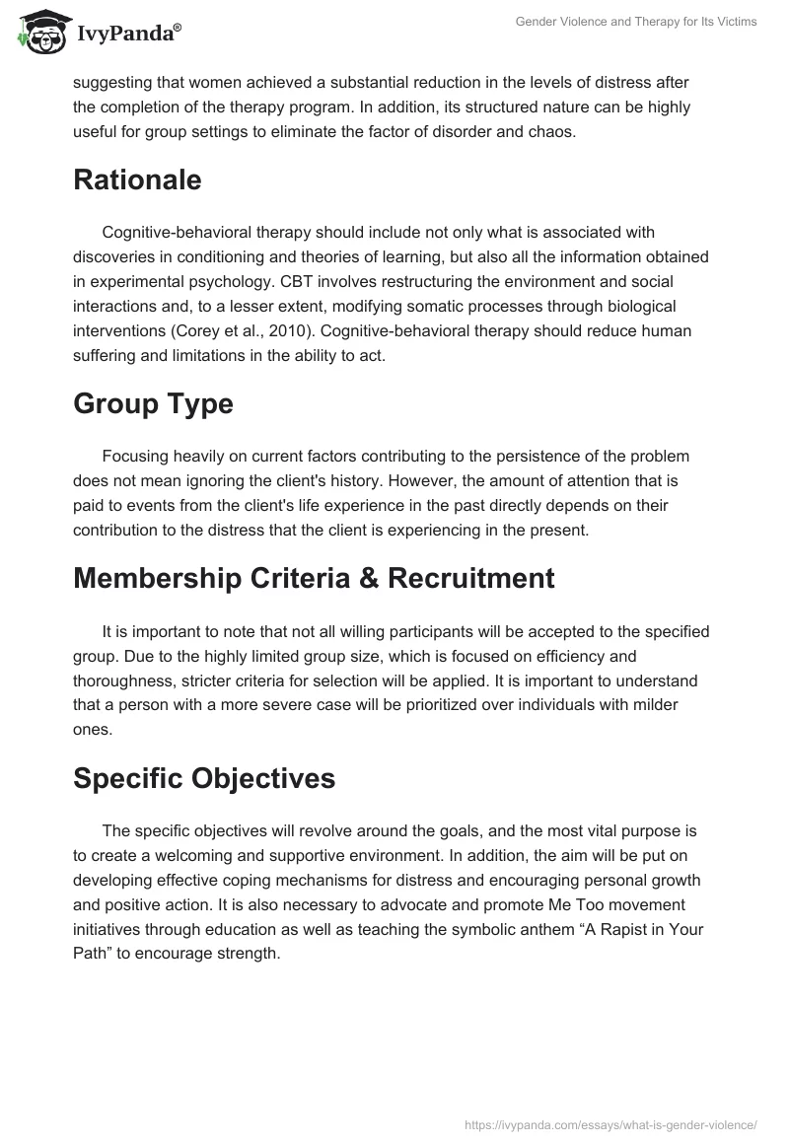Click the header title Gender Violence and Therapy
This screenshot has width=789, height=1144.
pos(636,22)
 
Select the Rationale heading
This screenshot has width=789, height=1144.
pos(137,179)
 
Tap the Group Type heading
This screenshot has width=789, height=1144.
pos(153,403)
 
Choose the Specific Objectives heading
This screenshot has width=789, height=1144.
pos(204,778)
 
